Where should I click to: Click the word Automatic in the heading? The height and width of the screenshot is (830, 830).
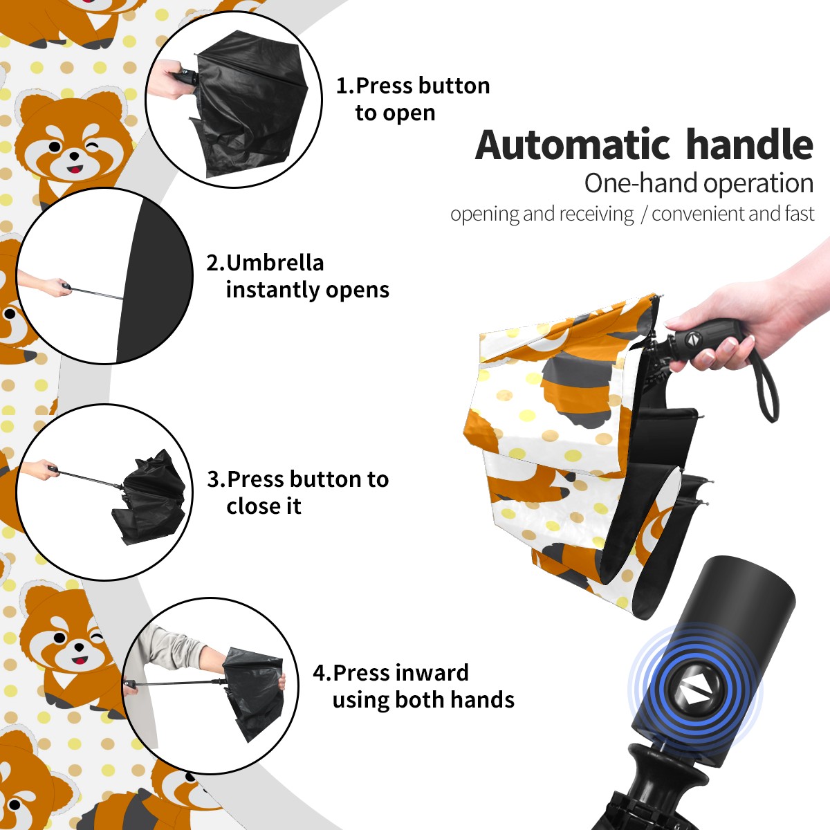coord(573,145)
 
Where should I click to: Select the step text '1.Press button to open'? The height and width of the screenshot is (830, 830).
coord(413,100)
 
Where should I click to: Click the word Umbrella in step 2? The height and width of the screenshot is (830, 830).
coord(275,263)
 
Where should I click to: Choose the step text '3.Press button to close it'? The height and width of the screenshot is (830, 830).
coord(297,492)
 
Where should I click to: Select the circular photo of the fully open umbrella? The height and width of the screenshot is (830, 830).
coord(104,276)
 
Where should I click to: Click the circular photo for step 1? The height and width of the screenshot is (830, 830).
coord(234,100)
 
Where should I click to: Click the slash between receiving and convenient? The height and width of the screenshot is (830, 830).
coord(643,214)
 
